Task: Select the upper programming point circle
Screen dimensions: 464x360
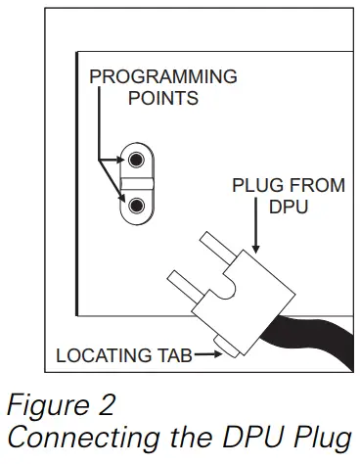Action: tap(137, 159)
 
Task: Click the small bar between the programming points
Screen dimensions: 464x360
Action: tap(137, 182)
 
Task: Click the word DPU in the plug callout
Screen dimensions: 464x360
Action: tap(286, 207)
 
